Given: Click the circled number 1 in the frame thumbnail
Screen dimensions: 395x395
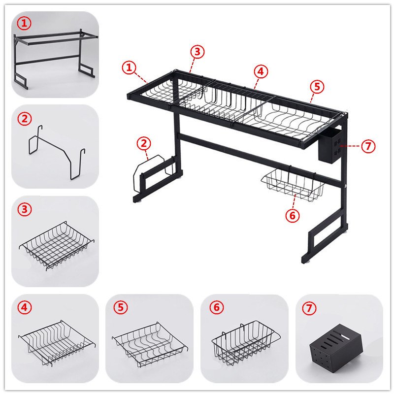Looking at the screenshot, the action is pyautogui.click(x=24, y=23).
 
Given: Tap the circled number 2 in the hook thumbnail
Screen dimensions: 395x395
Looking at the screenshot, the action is pyautogui.click(x=25, y=118).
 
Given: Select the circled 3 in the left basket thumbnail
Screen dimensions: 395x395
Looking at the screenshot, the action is pyautogui.click(x=25, y=209).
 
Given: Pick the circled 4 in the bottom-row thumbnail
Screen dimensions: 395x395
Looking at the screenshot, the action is pyautogui.click(x=25, y=307).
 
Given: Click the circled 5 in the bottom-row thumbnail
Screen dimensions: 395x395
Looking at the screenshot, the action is pyautogui.click(x=121, y=307).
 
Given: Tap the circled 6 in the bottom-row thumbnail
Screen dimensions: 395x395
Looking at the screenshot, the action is pyautogui.click(x=217, y=307).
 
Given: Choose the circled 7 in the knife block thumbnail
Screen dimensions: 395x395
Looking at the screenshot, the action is pyautogui.click(x=309, y=308).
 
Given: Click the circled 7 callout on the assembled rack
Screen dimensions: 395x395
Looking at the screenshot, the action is pyautogui.click(x=368, y=146).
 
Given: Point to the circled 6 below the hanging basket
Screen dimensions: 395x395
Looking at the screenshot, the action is pyautogui.click(x=293, y=215).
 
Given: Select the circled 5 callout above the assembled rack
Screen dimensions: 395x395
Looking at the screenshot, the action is pyautogui.click(x=317, y=87).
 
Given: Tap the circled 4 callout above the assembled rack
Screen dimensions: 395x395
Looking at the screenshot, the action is pyautogui.click(x=261, y=71).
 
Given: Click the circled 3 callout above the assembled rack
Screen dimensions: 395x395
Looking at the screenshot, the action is pyautogui.click(x=197, y=52).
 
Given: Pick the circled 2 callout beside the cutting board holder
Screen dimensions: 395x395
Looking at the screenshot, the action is pyautogui.click(x=144, y=144).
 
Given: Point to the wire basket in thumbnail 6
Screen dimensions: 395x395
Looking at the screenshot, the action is pyautogui.click(x=246, y=343).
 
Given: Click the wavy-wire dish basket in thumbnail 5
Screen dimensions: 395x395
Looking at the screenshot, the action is pyautogui.click(x=150, y=344).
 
